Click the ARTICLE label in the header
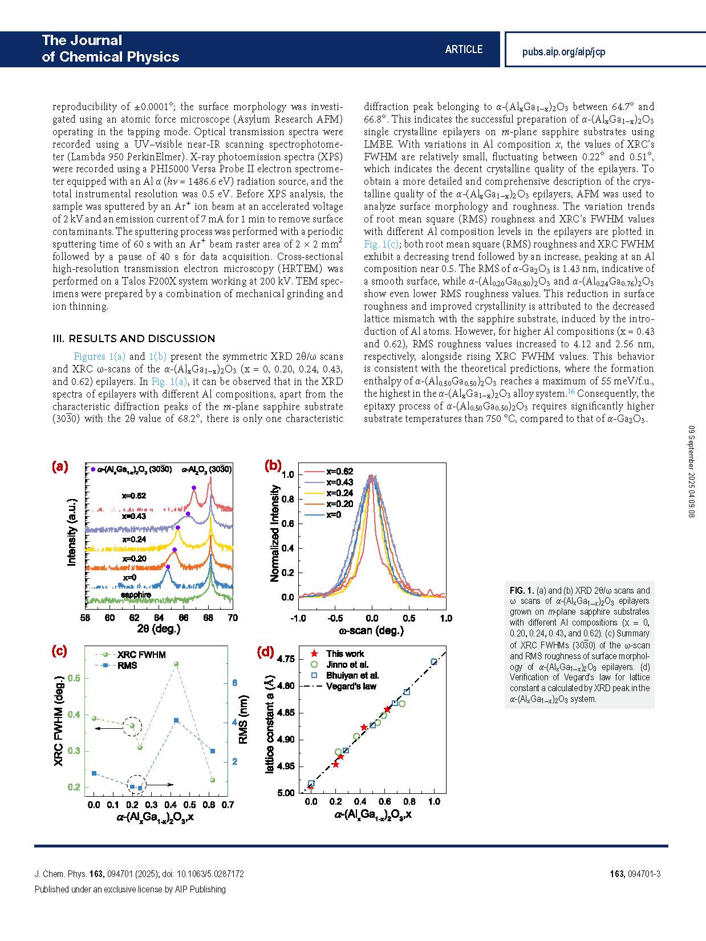464,50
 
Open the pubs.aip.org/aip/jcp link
563,52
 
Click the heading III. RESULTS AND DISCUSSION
134,339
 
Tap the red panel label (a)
60,467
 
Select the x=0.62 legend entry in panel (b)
339,472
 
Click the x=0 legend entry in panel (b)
334,514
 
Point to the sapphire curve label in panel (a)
136,595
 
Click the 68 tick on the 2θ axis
208,618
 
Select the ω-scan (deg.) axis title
371,631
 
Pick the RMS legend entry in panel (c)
127,666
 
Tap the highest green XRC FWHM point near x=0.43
176,664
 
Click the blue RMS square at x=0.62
213,751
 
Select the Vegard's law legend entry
351,686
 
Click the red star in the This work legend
314,654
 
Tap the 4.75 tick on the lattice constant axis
286,659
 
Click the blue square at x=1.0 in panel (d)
434,662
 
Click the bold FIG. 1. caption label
521,591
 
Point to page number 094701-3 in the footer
643,874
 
